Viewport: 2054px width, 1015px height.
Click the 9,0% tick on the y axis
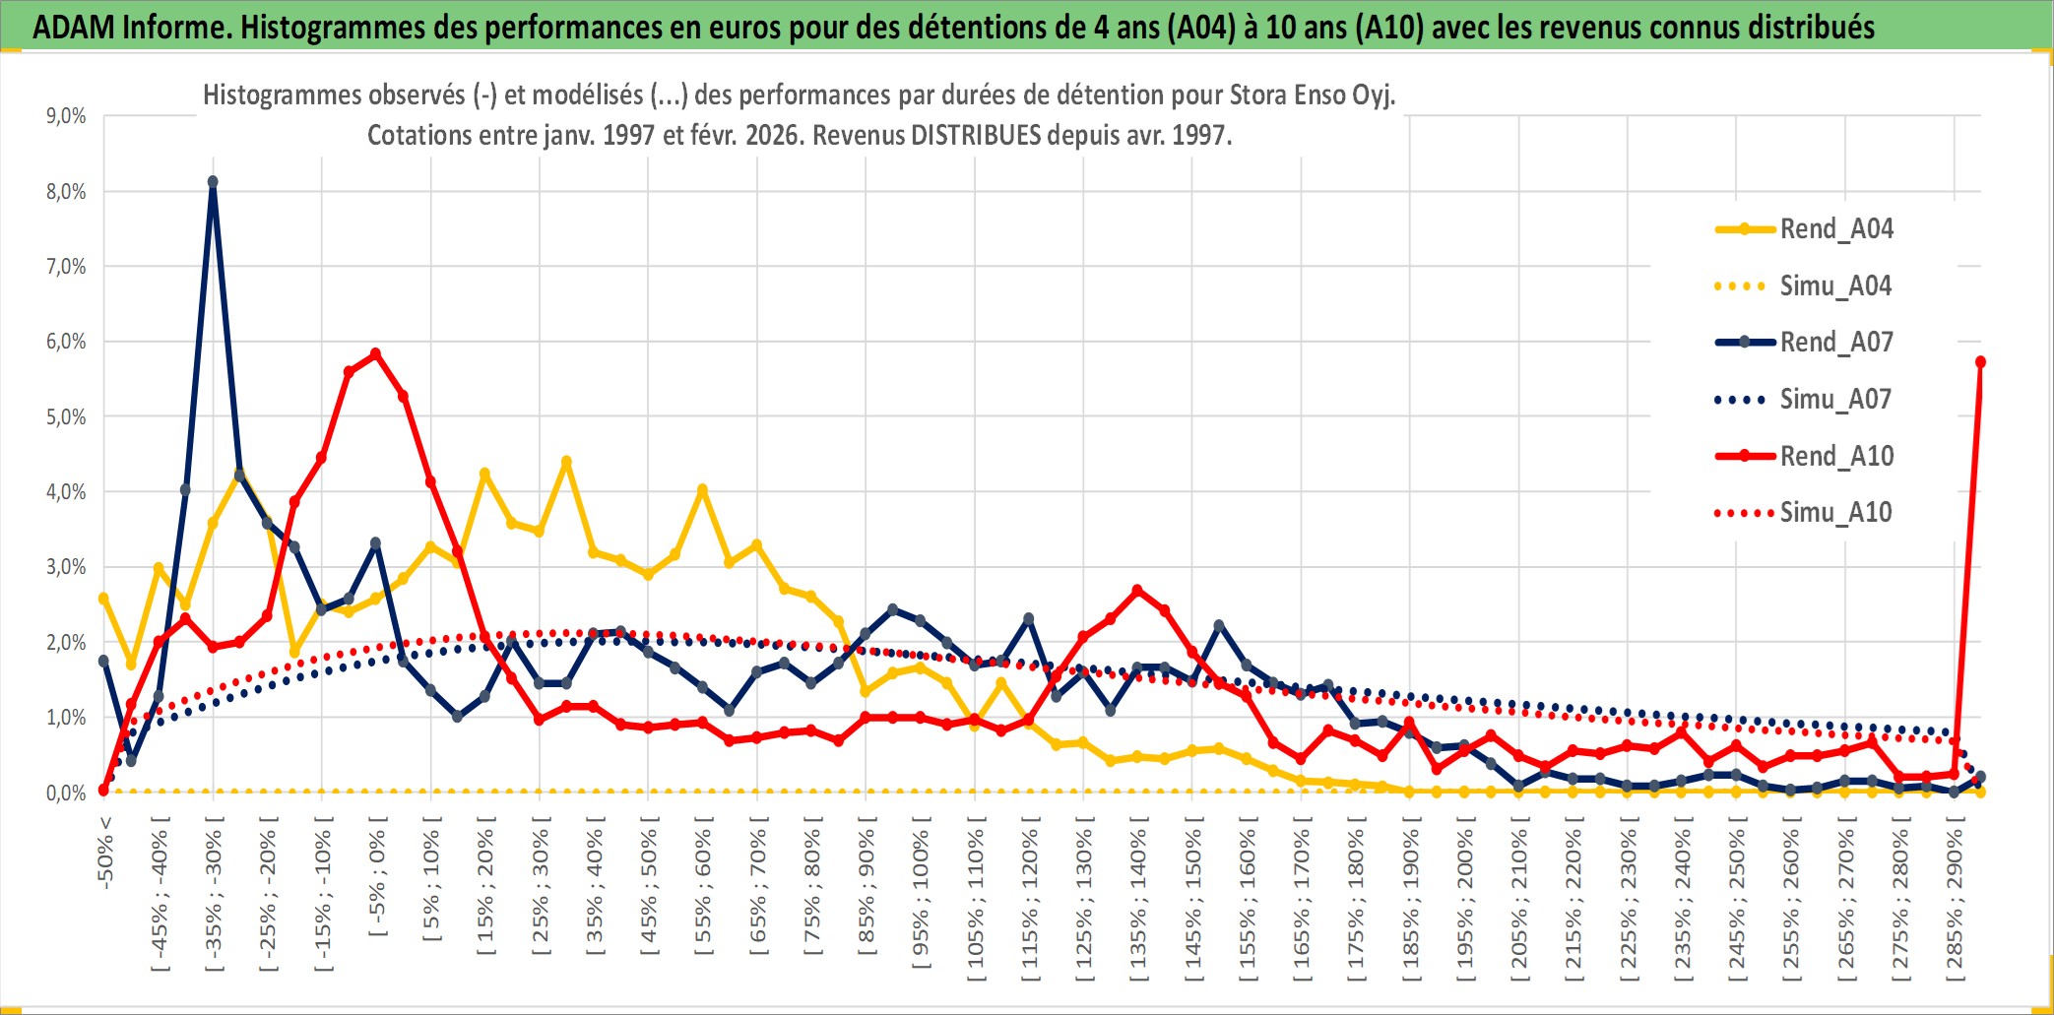tap(66, 116)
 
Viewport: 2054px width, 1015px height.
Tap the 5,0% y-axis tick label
tap(66, 417)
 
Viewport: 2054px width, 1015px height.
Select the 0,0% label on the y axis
tap(66, 793)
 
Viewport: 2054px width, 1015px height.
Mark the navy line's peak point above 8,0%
tap(213, 182)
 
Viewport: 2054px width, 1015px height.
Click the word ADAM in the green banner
tap(73, 27)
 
